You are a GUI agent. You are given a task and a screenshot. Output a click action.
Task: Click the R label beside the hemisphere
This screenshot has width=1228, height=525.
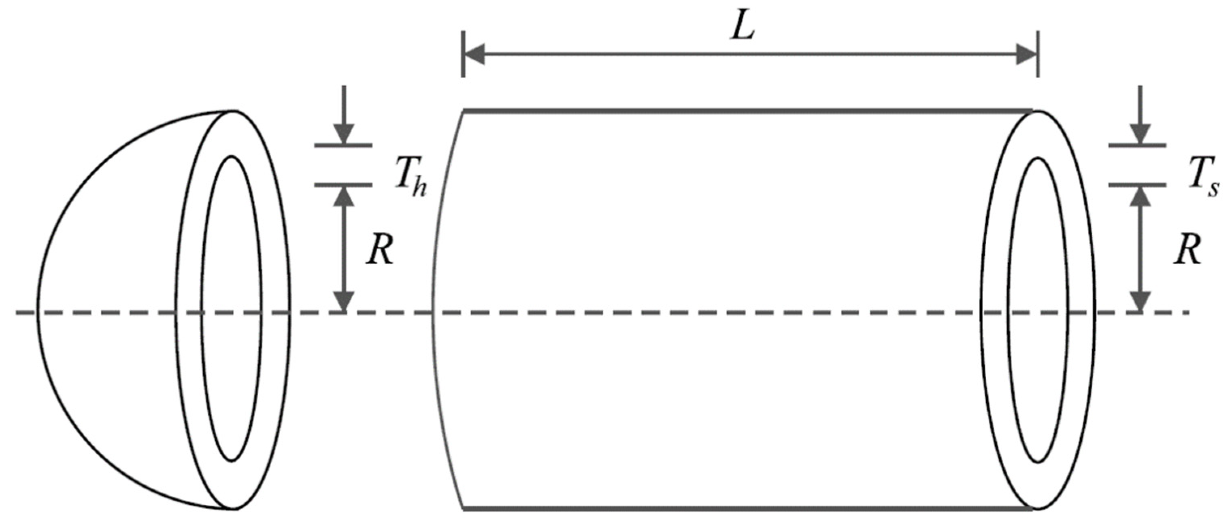coord(379,250)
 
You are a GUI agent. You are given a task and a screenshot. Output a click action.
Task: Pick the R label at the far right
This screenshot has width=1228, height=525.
coord(1187,250)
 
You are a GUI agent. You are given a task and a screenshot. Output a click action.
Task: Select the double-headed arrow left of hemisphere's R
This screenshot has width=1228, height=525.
coord(343,248)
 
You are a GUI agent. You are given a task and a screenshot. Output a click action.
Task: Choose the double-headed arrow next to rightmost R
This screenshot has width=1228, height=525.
coord(1140,248)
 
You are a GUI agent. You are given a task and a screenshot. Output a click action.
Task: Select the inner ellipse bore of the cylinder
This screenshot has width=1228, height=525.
coord(1038,310)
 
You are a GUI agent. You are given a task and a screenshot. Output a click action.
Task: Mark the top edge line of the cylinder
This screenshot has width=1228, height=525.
coord(749,111)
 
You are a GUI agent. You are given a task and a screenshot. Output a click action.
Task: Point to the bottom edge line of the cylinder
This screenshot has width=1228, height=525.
coord(749,509)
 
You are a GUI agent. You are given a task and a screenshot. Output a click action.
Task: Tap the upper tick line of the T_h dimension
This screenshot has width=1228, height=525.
coord(343,145)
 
